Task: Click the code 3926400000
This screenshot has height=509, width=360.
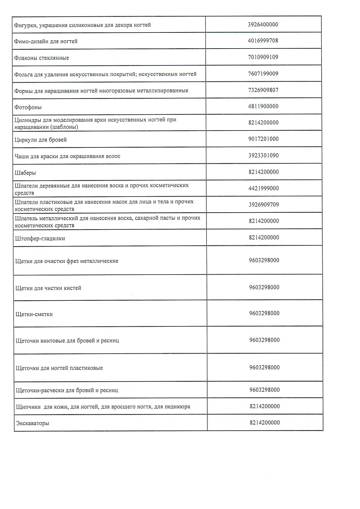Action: click(x=264, y=24)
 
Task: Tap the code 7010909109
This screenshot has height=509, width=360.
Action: click(x=264, y=57)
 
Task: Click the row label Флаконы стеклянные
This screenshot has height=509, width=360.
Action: click(x=42, y=58)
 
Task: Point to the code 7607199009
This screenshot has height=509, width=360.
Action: click(x=264, y=74)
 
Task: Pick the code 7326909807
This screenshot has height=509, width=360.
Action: click(x=264, y=90)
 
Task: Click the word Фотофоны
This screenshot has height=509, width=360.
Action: click(x=29, y=107)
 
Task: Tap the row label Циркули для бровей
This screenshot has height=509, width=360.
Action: click(x=41, y=140)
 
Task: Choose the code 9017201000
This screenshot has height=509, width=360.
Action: click(x=264, y=139)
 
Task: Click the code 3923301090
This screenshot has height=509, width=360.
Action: click(x=264, y=156)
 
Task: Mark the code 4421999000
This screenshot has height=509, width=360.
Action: click(x=264, y=188)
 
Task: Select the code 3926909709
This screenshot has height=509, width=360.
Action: click(x=264, y=204)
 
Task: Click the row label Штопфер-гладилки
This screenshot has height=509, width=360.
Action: click(x=40, y=239)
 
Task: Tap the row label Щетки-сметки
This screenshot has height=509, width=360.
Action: click(x=34, y=314)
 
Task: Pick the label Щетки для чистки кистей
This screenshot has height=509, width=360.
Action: click(x=49, y=288)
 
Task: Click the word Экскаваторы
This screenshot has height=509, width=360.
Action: click(x=33, y=423)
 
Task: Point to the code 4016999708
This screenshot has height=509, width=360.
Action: click(x=264, y=41)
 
